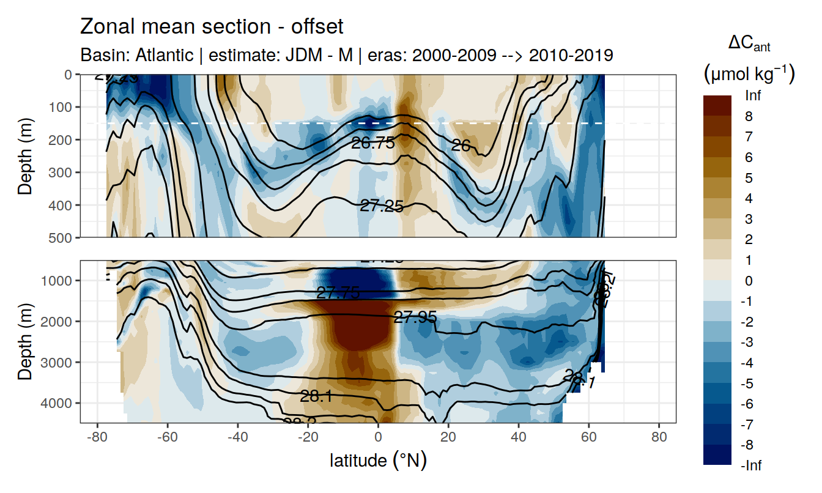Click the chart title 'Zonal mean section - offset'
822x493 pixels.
click(x=212, y=27)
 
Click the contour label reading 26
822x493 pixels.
click(x=461, y=145)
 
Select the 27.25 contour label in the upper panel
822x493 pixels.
click(x=382, y=206)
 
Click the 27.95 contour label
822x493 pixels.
click(x=415, y=317)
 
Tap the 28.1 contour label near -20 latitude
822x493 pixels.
click(x=316, y=396)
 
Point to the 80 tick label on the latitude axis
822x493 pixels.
click(x=659, y=438)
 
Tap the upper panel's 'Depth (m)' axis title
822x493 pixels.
click(x=25, y=156)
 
